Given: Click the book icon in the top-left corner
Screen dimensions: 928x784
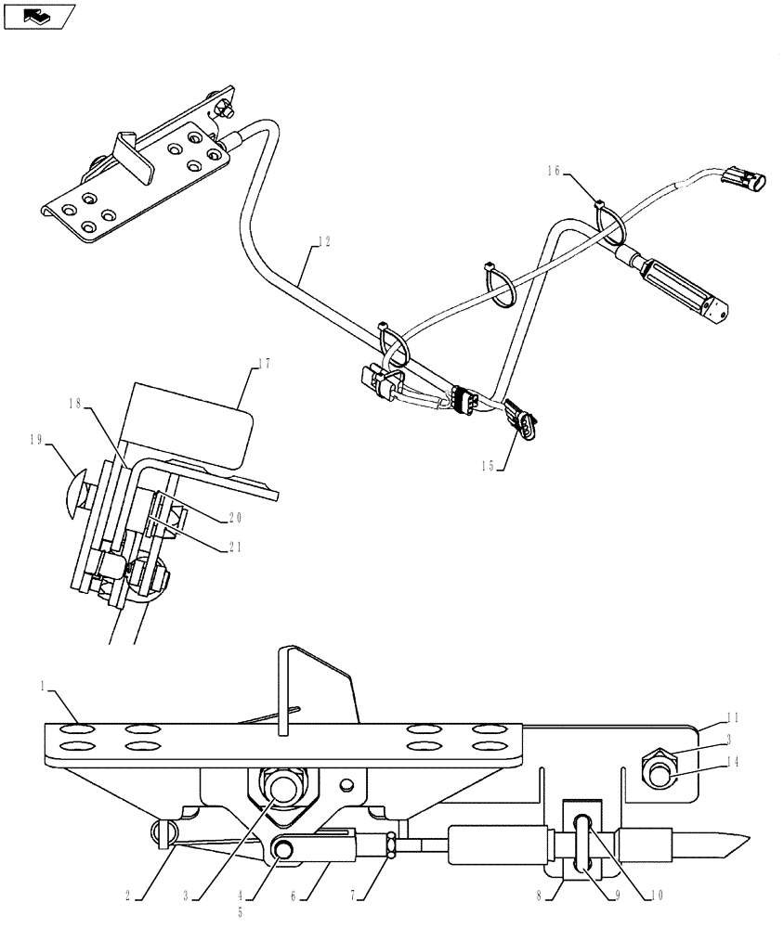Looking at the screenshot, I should click(x=38, y=15).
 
